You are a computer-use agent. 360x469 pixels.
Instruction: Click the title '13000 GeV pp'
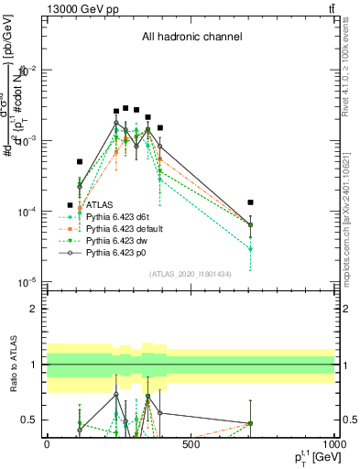click(x=81, y=8)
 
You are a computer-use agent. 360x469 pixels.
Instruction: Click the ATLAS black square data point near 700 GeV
click(x=250, y=202)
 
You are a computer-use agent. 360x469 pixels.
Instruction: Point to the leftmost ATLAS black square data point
click(x=80, y=162)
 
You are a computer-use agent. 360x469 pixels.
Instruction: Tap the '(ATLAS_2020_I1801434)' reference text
click(x=191, y=274)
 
